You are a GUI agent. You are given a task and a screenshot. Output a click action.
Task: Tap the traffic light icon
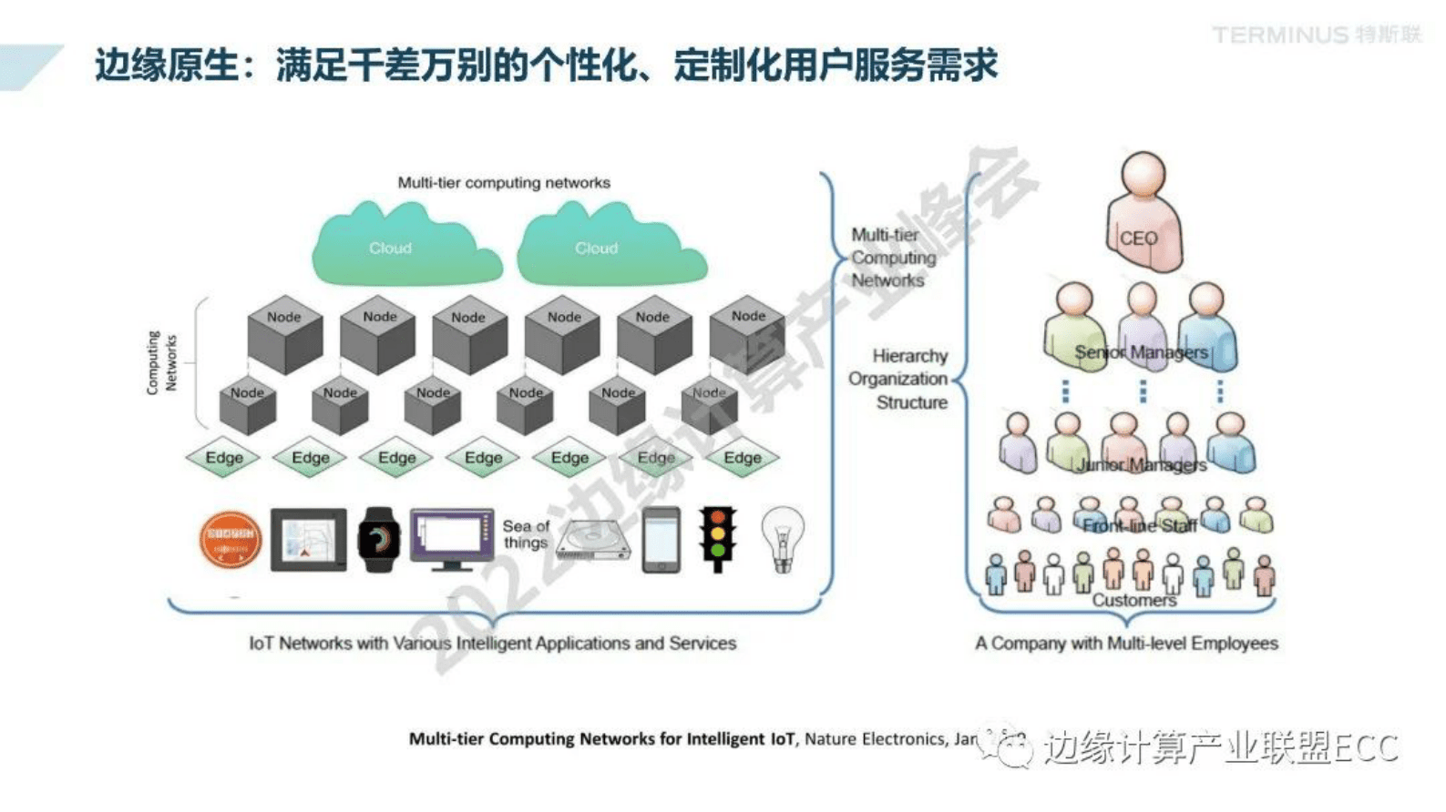pyautogui.click(x=718, y=538)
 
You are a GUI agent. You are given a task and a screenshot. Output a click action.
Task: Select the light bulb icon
pyautogui.click(x=782, y=539)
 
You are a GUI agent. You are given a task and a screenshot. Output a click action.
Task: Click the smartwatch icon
pyautogui.click(x=378, y=540)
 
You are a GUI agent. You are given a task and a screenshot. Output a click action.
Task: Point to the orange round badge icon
pyautogui.click(x=231, y=540)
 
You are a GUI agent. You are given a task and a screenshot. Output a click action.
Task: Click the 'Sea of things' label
pyautogui.click(x=526, y=534)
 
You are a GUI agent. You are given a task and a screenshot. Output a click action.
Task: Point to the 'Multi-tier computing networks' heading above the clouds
pyautogui.click(x=504, y=183)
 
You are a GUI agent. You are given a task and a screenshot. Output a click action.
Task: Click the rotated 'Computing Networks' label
pyautogui.click(x=161, y=362)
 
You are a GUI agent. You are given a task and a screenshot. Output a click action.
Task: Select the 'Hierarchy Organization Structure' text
pyautogui.click(x=899, y=379)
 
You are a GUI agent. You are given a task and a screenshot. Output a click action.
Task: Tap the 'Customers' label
pyautogui.click(x=1133, y=601)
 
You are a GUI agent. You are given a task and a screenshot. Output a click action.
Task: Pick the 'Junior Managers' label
pyautogui.click(x=1141, y=465)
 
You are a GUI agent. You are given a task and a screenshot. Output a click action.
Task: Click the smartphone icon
pyautogui.click(x=661, y=540)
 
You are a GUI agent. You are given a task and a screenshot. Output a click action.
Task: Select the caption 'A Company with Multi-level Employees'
pyautogui.click(x=1126, y=644)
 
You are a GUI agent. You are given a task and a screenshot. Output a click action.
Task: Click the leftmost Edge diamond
pyautogui.click(x=223, y=458)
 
